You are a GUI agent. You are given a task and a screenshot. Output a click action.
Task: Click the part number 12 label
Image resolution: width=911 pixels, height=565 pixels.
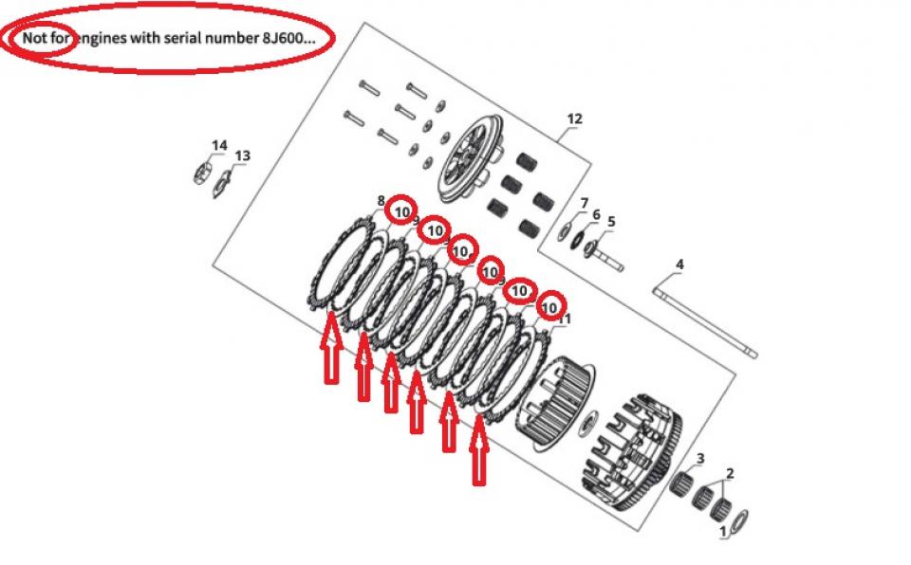574,118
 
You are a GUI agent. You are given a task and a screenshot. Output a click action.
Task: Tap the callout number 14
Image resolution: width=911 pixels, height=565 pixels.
219,145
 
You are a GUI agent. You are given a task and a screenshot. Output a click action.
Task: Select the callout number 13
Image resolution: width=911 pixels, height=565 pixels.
242,155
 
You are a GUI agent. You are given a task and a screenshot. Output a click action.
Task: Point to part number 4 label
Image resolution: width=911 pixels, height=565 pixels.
679,264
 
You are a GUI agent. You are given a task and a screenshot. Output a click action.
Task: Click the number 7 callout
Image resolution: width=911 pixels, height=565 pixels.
585,203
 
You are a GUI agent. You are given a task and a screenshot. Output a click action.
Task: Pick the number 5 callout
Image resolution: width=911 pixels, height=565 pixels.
610,221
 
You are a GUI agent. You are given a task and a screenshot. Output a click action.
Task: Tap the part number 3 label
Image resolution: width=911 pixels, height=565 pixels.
700,459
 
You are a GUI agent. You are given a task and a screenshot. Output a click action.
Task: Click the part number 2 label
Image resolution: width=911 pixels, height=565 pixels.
730,473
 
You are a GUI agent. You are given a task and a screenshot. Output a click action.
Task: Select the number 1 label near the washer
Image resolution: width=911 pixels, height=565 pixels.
723,531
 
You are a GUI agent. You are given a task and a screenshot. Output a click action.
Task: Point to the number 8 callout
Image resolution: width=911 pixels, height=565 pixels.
381,201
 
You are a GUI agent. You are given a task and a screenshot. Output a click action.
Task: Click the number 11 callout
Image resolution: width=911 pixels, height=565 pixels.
564,319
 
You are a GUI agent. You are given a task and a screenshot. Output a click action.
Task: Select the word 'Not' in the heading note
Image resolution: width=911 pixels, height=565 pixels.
33,38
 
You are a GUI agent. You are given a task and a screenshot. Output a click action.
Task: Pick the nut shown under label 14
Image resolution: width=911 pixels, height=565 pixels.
202,173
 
